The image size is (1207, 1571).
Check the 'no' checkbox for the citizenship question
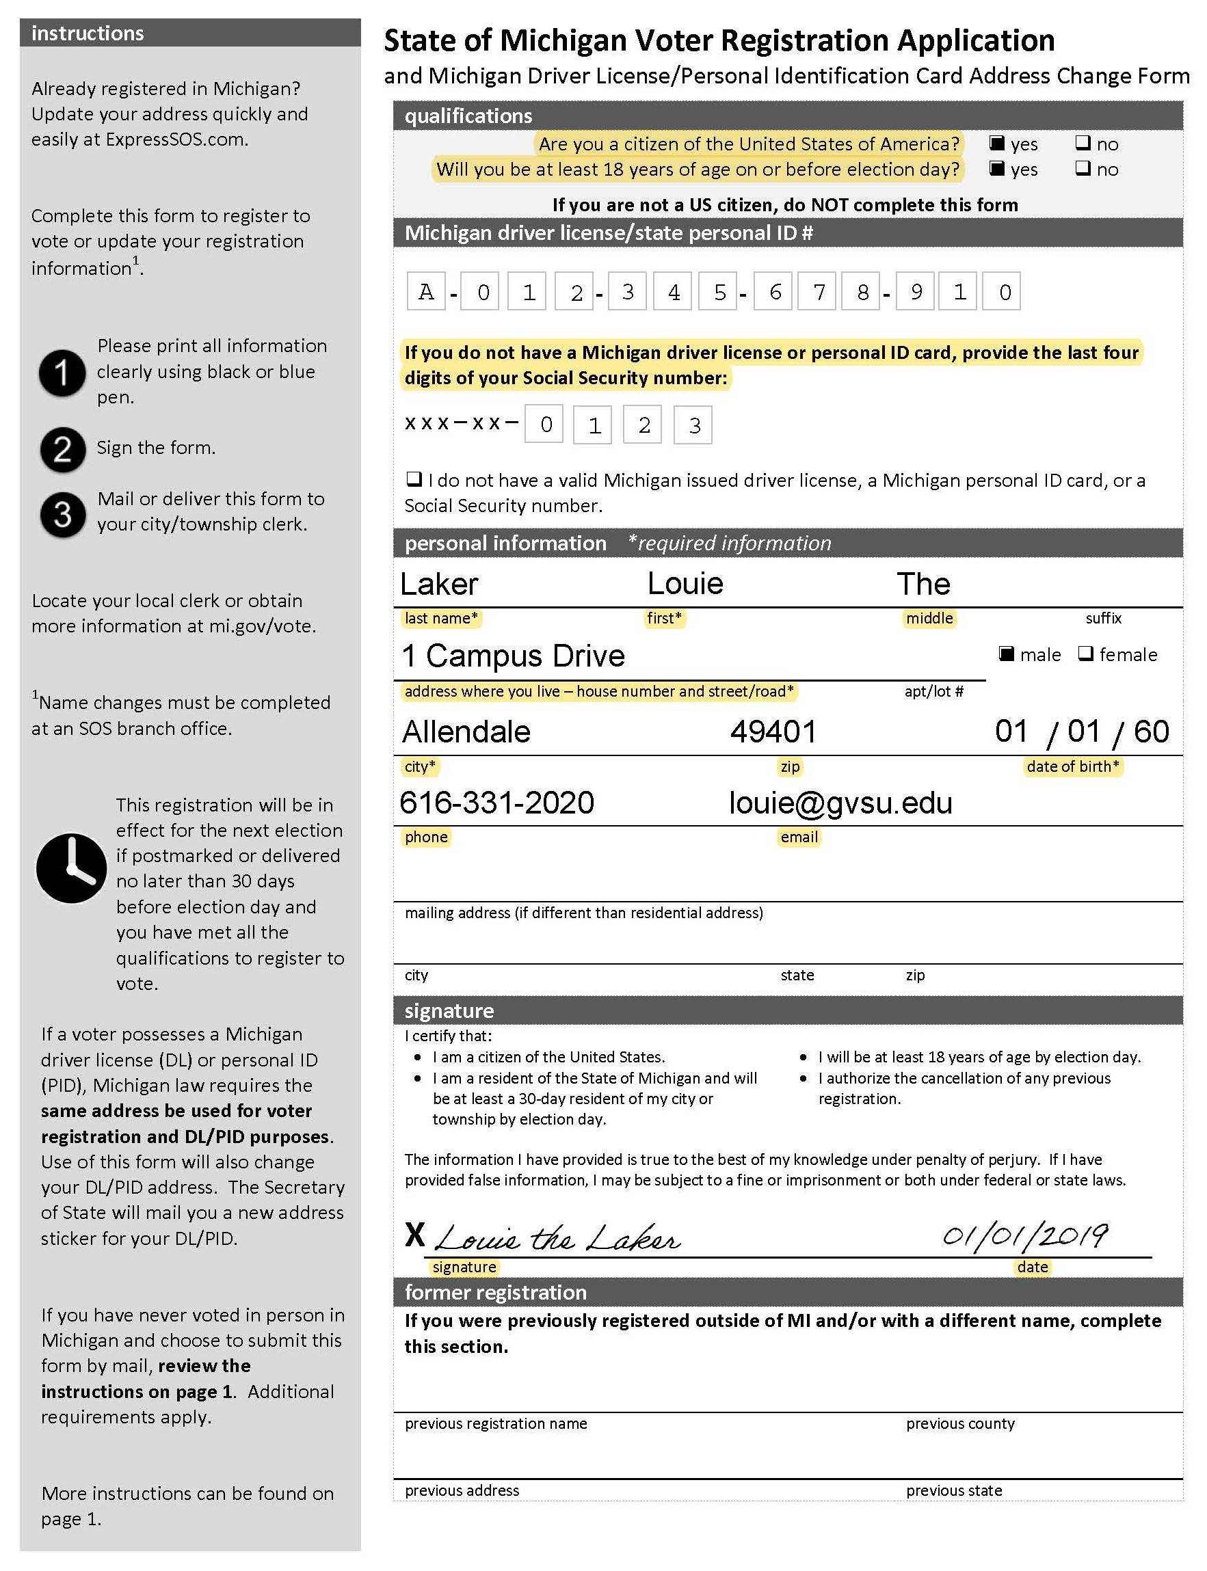pos(1082,143)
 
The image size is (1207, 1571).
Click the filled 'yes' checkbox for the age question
pos(996,169)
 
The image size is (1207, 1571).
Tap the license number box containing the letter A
pos(426,292)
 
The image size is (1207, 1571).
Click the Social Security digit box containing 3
pos(693,425)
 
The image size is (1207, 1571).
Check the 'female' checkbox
pos(1085,654)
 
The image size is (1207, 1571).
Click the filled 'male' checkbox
pos(1007,654)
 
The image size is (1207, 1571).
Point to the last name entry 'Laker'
pos(439,584)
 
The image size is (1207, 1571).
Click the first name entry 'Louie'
pos(685,583)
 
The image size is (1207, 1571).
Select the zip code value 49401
pos(773,732)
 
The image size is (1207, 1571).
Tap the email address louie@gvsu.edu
pos(840,803)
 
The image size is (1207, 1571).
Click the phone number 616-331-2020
pos(496,803)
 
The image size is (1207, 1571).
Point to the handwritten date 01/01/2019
pos(1024,1236)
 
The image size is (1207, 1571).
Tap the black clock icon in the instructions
pos(71,868)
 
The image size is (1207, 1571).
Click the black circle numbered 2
pos(62,450)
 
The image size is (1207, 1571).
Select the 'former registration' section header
pos(496,1292)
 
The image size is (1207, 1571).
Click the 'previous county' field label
pos(960,1423)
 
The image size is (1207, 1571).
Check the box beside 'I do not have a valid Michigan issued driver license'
pos(413,479)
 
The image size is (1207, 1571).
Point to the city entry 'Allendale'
pos(466,732)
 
